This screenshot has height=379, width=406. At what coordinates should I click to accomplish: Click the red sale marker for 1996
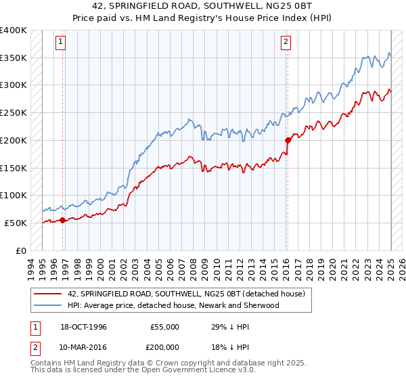[x=63, y=220]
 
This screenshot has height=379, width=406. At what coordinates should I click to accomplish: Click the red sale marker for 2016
[x=288, y=140]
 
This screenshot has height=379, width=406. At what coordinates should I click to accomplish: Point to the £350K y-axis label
[x=14, y=58]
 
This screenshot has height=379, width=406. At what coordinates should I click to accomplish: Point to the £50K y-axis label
[x=16, y=223]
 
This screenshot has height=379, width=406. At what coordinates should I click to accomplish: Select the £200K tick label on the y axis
[x=14, y=140]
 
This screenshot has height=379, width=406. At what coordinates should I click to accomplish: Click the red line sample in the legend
[x=47, y=294]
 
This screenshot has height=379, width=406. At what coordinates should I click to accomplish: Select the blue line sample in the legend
[x=47, y=305]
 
